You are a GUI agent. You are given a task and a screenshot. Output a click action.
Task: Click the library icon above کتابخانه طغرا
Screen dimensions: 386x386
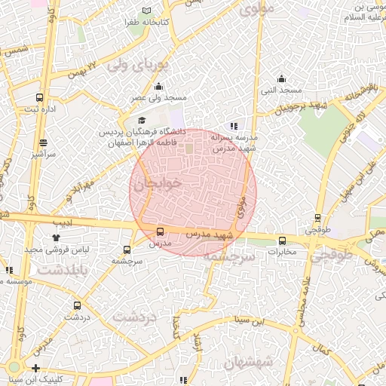click(146, 11)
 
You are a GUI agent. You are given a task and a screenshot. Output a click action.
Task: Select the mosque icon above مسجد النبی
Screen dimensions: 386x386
click(281, 78)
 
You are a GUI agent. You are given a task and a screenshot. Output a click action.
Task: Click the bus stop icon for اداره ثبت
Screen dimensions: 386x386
click(39, 97)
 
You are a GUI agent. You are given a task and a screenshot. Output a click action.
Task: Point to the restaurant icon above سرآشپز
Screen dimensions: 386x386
click(44, 142)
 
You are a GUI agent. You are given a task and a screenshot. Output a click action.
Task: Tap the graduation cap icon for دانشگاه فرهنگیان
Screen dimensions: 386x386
click(141, 120)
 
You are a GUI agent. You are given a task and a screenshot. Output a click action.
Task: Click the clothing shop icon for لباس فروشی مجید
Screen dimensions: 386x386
click(55, 237)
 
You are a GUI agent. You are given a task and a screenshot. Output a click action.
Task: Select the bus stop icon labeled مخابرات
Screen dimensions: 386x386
click(283, 240)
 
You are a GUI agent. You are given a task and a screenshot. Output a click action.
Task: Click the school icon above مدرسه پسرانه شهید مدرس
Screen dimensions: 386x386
click(234, 126)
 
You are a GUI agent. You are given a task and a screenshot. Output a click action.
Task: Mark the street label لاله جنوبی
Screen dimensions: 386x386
click(341, 124)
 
